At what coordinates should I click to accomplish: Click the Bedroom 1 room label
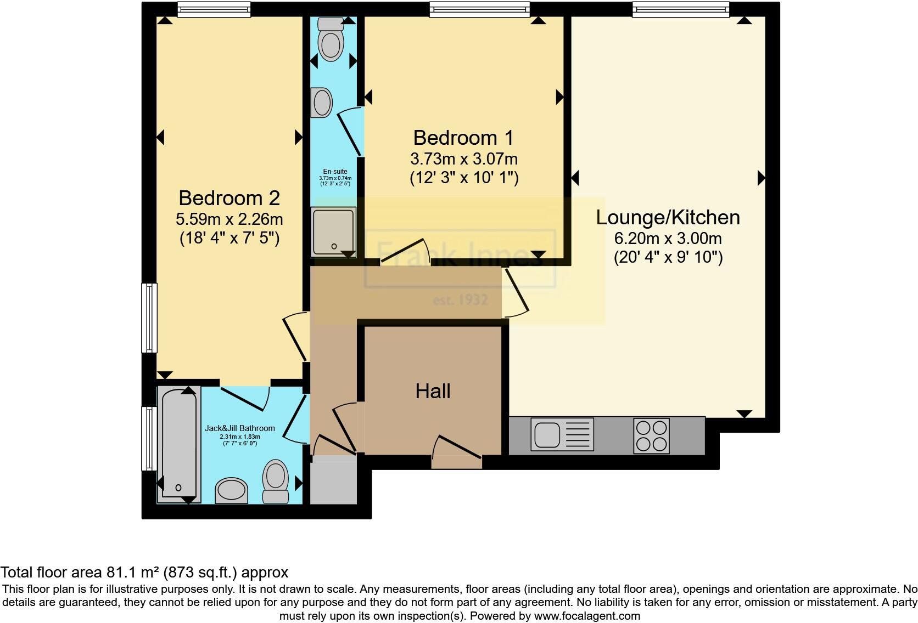(464, 137)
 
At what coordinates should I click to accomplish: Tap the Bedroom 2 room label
(229, 197)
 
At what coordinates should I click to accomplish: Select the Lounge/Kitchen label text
(668, 217)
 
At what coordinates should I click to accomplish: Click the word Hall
(433, 391)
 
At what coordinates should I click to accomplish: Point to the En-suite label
(335, 172)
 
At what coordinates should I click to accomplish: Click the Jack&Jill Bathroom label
(239, 428)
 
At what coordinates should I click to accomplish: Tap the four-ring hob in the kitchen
(651, 436)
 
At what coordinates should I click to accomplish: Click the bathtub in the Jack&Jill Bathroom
(178, 444)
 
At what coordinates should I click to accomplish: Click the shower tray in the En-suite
(333, 231)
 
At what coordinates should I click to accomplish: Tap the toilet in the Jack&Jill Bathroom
(276, 480)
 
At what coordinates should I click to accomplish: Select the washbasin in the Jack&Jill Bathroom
(231, 490)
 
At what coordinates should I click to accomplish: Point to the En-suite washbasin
(322, 103)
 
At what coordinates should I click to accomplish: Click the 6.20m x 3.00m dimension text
(668, 239)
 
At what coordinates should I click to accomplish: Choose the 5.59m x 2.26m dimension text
(229, 219)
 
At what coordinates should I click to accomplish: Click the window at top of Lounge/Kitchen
(680, 9)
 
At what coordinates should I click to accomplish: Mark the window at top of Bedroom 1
(479, 9)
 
